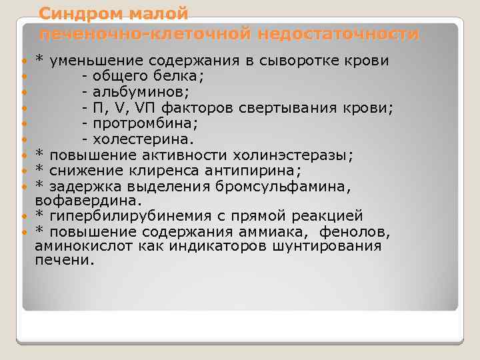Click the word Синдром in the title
(77, 13)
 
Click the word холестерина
(141, 139)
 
